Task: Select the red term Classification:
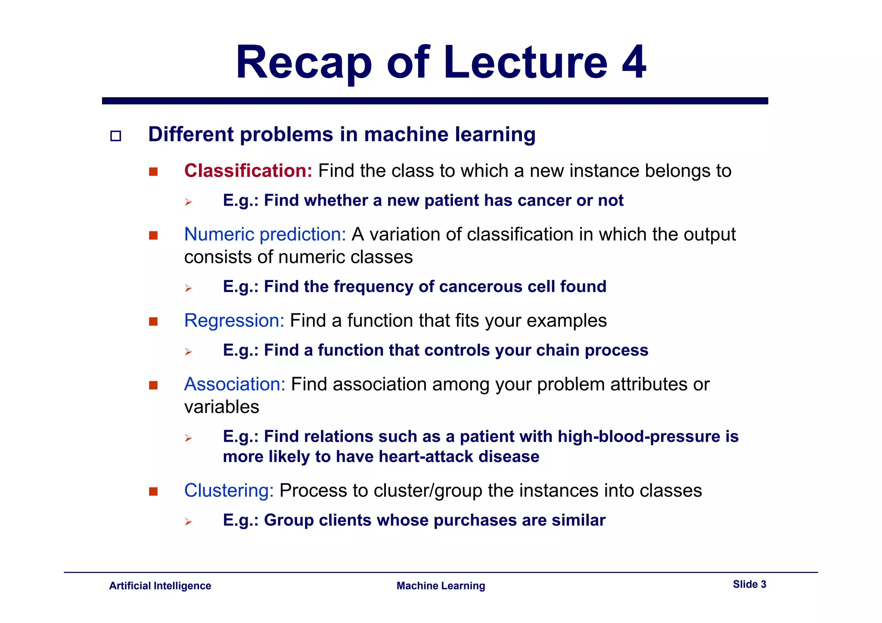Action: (248, 171)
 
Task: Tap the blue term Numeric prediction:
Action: (265, 234)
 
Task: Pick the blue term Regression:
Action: (234, 321)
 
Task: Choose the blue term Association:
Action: (235, 384)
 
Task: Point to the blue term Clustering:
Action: (229, 490)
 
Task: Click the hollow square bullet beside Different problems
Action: (115, 136)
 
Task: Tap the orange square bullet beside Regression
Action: (153, 321)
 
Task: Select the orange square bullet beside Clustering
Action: (153, 491)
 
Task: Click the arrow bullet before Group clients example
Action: (188, 522)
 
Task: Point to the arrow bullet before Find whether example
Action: (188, 202)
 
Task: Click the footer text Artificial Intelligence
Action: (160, 586)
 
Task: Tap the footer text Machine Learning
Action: (441, 586)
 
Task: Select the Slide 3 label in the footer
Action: (749, 584)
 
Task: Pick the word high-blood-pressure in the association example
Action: (639, 437)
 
